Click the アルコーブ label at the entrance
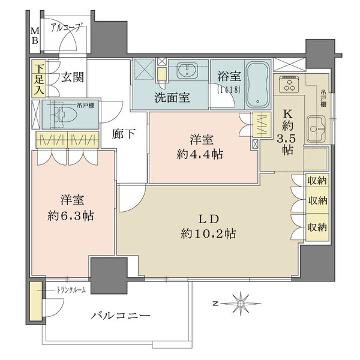pyautogui.click(x=68, y=27)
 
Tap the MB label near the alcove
pyautogui.click(x=34, y=35)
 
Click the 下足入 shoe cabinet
pyautogui.click(x=38, y=79)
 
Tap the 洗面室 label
pyautogui.click(x=173, y=97)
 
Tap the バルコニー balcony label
pyautogui.click(x=121, y=315)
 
